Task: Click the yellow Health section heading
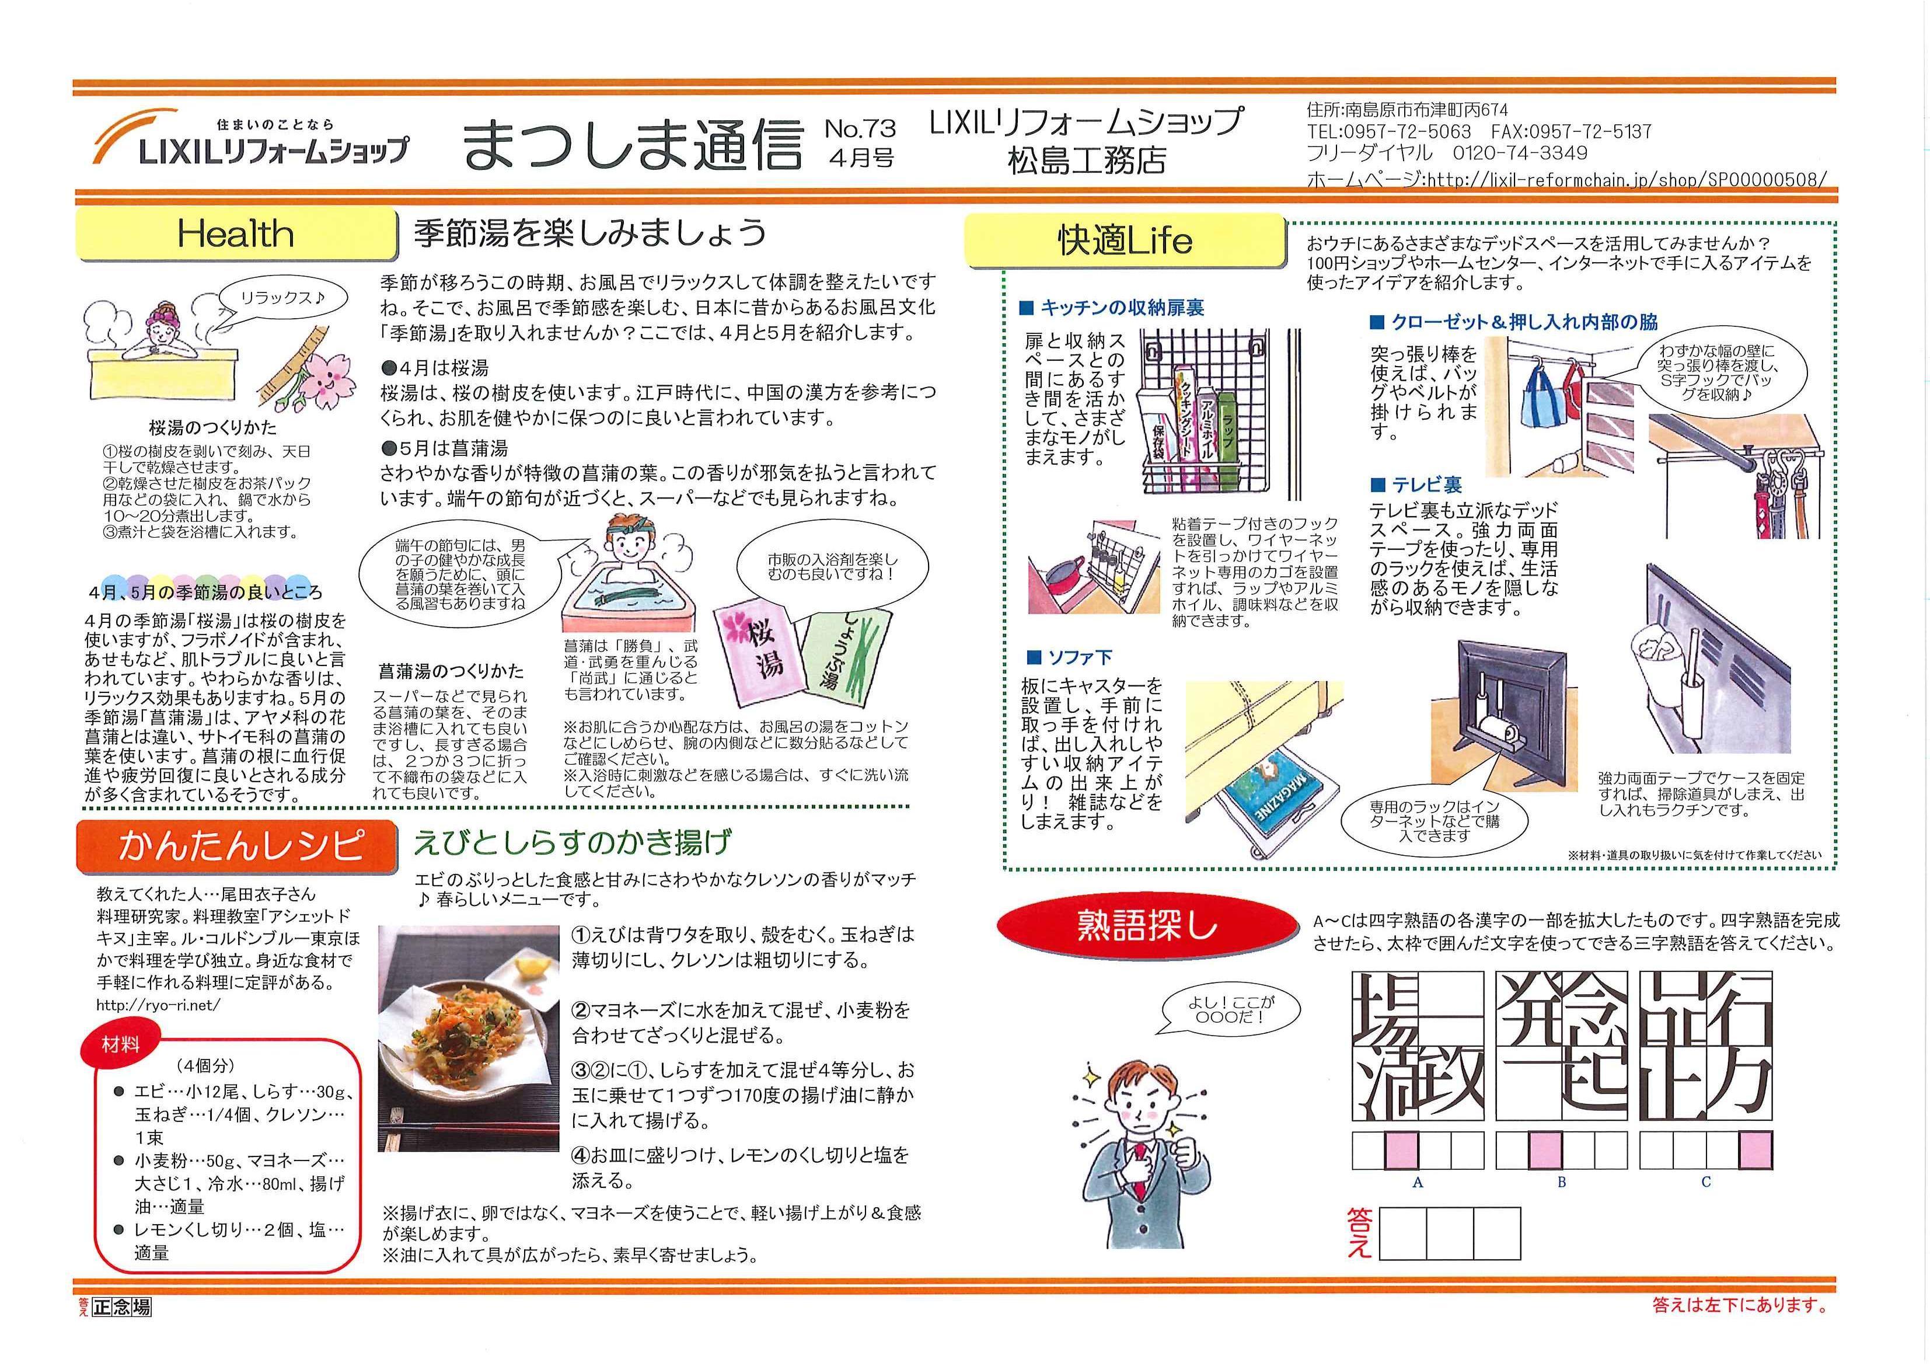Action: pyautogui.click(x=235, y=234)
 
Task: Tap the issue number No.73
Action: pyautogui.click(x=860, y=128)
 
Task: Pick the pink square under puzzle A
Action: pyautogui.click(x=1401, y=1151)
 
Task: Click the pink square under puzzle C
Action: pyautogui.click(x=1755, y=1151)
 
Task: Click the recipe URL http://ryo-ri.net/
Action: pyautogui.click(x=158, y=1004)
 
